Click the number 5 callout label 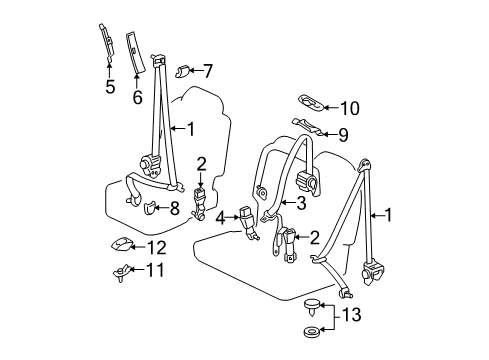tap(111, 87)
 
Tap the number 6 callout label tap(137, 97)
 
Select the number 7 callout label tap(207, 70)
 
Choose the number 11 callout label tap(155, 270)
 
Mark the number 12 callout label tap(156, 247)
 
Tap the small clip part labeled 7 tap(183, 69)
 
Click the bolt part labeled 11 tap(118, 270)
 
